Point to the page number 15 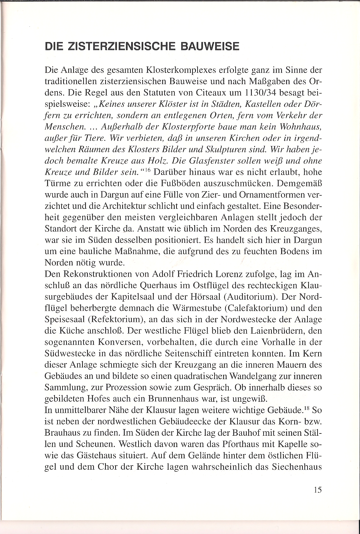coord(317,490)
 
